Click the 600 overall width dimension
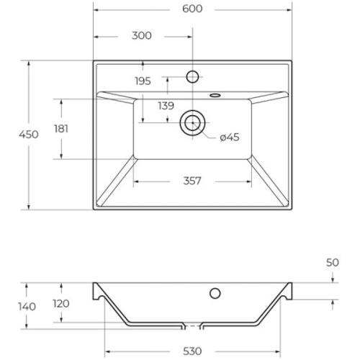(x=192, y=9)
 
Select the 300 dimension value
(x=142, y=36)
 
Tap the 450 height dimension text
(x=29, y=135)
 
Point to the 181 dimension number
(x=61, y=129)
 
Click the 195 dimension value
(x=143, y=81)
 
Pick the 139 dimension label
(x=166, y=106)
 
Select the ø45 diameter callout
(x=230, y=138)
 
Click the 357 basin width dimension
(x=192, y=181)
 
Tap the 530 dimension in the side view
(x=192, y=351)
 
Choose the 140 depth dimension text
(x=27, y=307)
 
